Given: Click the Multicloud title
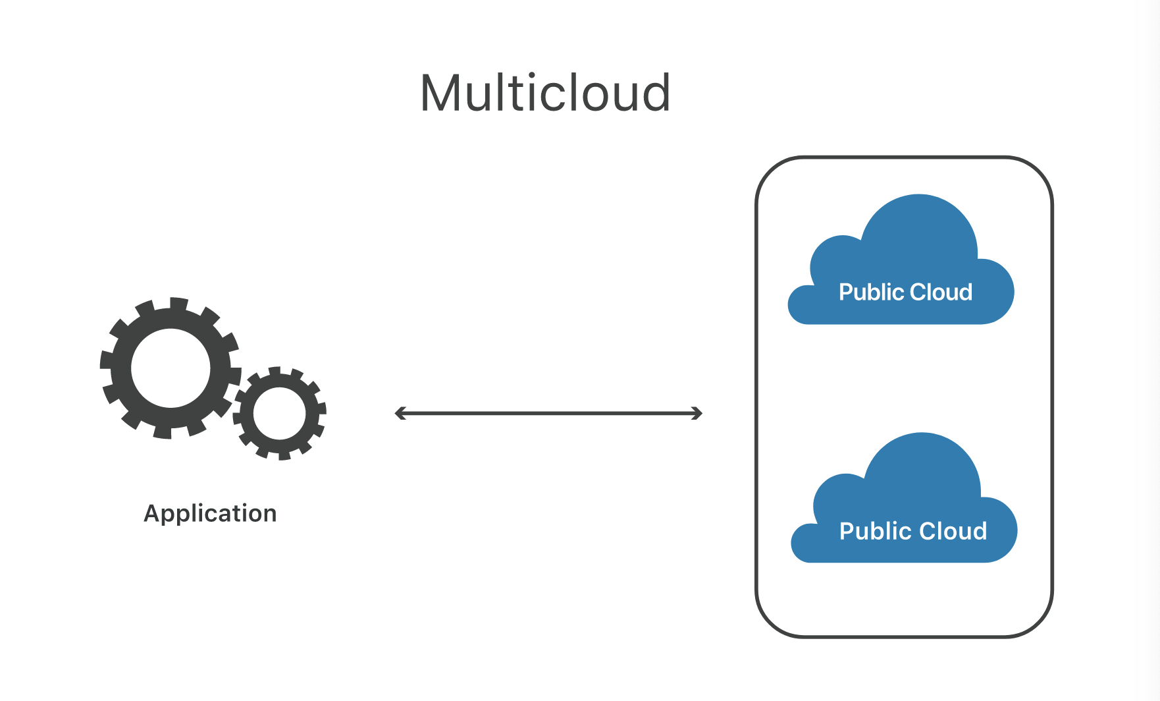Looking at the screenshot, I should point(545,94).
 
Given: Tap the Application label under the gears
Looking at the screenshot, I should point(210,513).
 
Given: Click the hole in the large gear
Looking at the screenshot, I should point(171,368).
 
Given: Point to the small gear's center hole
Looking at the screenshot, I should point(280,414).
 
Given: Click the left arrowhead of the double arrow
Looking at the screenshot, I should point(399,413).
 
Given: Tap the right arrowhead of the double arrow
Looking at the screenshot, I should point(698,413).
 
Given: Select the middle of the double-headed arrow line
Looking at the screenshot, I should point(548,413).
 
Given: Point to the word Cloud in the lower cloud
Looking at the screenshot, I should point(953,531).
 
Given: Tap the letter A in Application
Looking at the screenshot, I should point(152,513).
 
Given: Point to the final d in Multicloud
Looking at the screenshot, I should point(654,94).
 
